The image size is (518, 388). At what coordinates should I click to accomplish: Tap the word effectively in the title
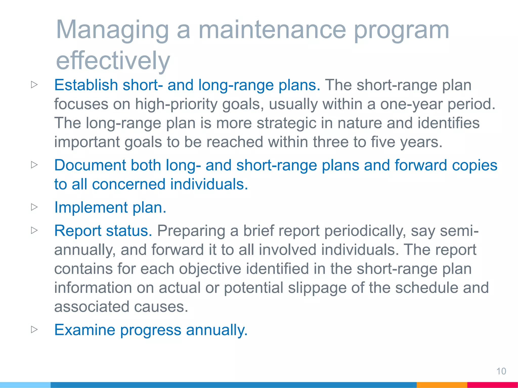click(113, 61)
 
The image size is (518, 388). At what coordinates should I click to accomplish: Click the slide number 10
click(501, 371)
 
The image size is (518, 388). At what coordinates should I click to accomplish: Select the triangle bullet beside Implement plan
click(34, 207)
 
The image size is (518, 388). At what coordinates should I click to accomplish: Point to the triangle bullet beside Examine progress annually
click(34, 329)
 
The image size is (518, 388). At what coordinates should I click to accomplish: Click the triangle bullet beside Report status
click(34, 230)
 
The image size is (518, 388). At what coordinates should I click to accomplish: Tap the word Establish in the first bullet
click(86, 85)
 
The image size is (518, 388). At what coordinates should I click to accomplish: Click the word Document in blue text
click(90, 165)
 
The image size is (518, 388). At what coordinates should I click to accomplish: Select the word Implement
click(91, 208)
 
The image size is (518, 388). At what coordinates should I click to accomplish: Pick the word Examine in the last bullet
click(85, 330)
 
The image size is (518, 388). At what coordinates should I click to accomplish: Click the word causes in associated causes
click(161, 307)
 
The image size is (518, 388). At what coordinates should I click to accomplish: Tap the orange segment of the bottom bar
click(442, 385)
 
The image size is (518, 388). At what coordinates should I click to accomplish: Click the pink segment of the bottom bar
click(492, 385)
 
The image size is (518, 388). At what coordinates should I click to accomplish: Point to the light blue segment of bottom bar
click(25, 385)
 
